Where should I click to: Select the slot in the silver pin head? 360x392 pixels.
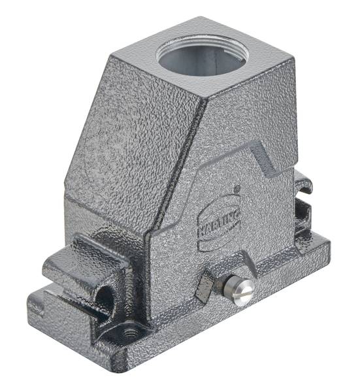coord(242,292)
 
